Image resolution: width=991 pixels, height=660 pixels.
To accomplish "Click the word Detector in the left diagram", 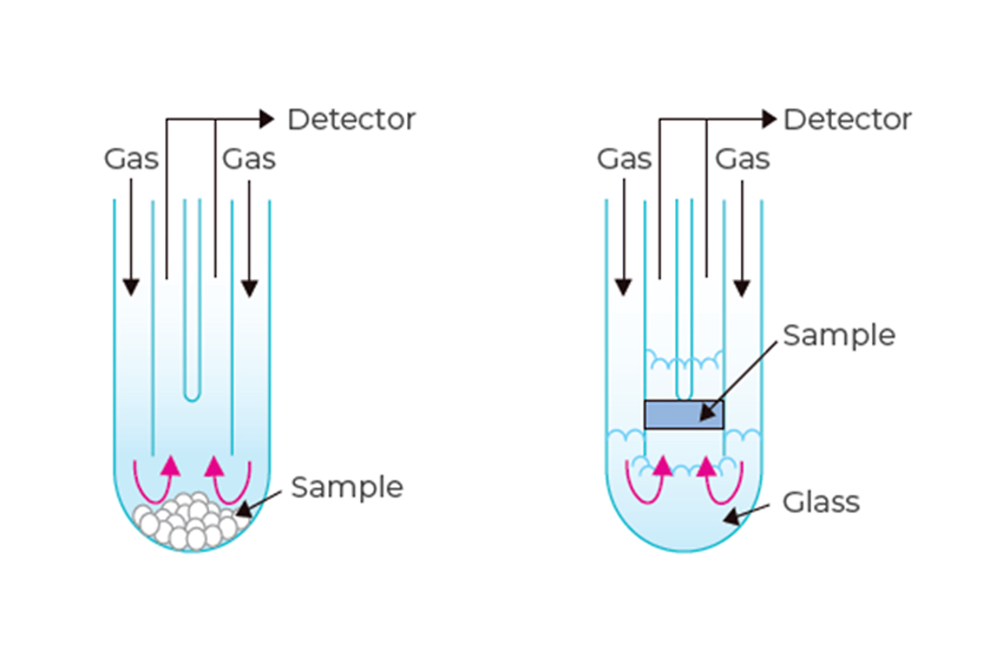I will [351, 120].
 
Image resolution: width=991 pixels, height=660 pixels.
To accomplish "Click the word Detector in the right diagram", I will [847, 120].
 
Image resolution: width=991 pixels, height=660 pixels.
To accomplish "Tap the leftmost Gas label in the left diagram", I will [130, 159].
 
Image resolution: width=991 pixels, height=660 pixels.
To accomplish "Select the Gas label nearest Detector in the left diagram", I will [249, 159].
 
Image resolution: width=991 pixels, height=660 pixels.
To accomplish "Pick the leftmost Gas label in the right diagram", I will [624, 159].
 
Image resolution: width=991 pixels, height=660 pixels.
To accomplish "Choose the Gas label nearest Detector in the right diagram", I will [742, 159].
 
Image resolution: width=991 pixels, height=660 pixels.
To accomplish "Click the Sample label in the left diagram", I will [347, 488].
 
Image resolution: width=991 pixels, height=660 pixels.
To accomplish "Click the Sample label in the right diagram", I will [839, 336].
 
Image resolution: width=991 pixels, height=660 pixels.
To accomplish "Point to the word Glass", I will [821, 502].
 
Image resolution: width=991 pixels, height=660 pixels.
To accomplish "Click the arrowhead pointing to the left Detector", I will [267, 120].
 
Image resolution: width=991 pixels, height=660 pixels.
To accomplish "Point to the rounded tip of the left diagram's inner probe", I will [192, 396].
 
